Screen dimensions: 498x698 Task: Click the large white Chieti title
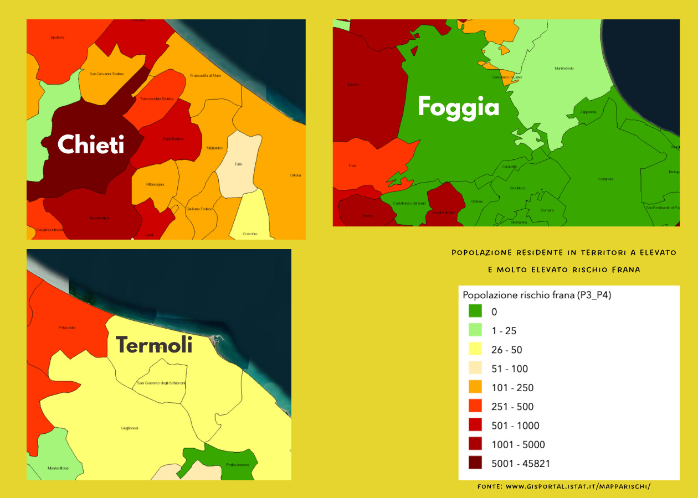(91, 145)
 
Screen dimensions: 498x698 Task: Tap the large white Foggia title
(458, 106)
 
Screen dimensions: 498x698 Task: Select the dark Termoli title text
(154, 345)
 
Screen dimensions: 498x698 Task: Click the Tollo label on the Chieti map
(238, 164)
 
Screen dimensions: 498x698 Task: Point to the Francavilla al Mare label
(205, 75)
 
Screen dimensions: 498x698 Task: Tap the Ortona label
(295, 175)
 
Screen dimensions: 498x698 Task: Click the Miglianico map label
(214, 148)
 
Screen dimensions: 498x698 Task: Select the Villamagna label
(155, 184)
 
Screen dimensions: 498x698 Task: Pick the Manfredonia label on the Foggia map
(564, 68)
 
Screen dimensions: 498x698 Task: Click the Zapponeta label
(588, 112)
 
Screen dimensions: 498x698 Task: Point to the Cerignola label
(605, 179)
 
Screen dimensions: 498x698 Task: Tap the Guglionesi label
(129, 428)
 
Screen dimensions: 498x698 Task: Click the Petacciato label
(66, 328)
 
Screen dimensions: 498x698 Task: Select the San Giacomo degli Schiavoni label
(161, 383)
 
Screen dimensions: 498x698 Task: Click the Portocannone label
(238, 465)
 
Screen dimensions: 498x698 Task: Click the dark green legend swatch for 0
(475, 312)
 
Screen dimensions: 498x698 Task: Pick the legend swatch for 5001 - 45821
(475, 463)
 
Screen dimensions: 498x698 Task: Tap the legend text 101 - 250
(512, 387)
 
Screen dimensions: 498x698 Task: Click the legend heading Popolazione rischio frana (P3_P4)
(536, 295)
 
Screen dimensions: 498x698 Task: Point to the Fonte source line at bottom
(563, 486)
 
